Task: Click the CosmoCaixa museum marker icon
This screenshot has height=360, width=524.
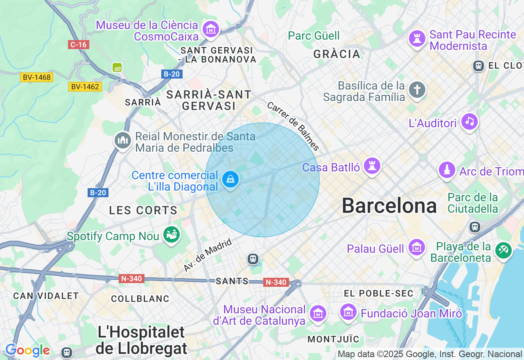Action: (211, 29)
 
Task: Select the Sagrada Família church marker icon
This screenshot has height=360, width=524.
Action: (417, 90)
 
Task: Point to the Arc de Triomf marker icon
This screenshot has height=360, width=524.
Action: (447, 170)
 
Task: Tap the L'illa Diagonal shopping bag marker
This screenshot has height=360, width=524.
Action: (230, 179)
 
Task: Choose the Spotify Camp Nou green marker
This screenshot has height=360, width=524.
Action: (172, 235)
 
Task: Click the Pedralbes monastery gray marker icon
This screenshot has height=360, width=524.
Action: (122, 141)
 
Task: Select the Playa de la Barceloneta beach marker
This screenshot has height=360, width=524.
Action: (503, 250)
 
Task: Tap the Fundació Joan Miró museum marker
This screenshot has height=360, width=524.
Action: (348, 313)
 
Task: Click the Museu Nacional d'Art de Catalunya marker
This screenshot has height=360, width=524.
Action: (318, 313)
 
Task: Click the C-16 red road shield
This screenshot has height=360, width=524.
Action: (78, 45)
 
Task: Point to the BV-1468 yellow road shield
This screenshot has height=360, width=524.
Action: (37, 77)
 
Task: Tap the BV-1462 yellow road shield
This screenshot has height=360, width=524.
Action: (85, 87)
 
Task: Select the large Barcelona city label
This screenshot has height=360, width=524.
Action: (389, 206)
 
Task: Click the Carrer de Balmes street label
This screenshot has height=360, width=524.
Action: (293, 126)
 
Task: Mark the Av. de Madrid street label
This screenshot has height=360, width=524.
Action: (208, 255)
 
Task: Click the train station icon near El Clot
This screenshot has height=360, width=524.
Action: (478, 65)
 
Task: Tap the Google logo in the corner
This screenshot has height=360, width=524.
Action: (27, 351)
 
